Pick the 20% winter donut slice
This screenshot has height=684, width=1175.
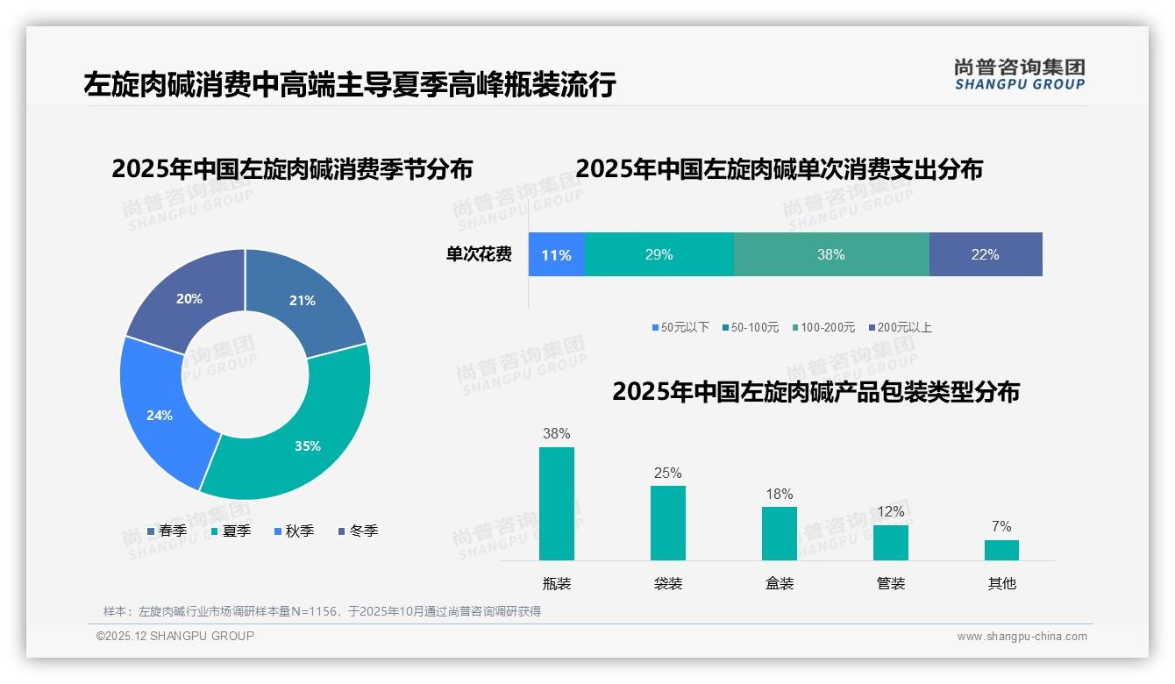189,298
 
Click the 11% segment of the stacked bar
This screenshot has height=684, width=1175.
556,254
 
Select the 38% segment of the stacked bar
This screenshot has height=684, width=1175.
830,254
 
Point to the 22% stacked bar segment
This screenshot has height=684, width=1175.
985,254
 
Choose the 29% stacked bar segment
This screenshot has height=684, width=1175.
659,254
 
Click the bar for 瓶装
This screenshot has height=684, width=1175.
556,503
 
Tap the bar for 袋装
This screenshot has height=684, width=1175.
667,523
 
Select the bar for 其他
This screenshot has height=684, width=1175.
1001,550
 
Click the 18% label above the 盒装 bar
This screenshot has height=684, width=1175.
779,494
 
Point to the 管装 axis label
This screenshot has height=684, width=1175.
890,583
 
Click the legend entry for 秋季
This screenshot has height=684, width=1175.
295,531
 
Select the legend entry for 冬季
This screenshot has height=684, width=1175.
359,531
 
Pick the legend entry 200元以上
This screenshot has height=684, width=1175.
901,327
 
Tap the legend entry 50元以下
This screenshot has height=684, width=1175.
680,327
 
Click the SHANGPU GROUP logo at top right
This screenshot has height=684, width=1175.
1019,75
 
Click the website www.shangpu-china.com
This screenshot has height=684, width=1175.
1022,636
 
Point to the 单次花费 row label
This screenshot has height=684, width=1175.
479,254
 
